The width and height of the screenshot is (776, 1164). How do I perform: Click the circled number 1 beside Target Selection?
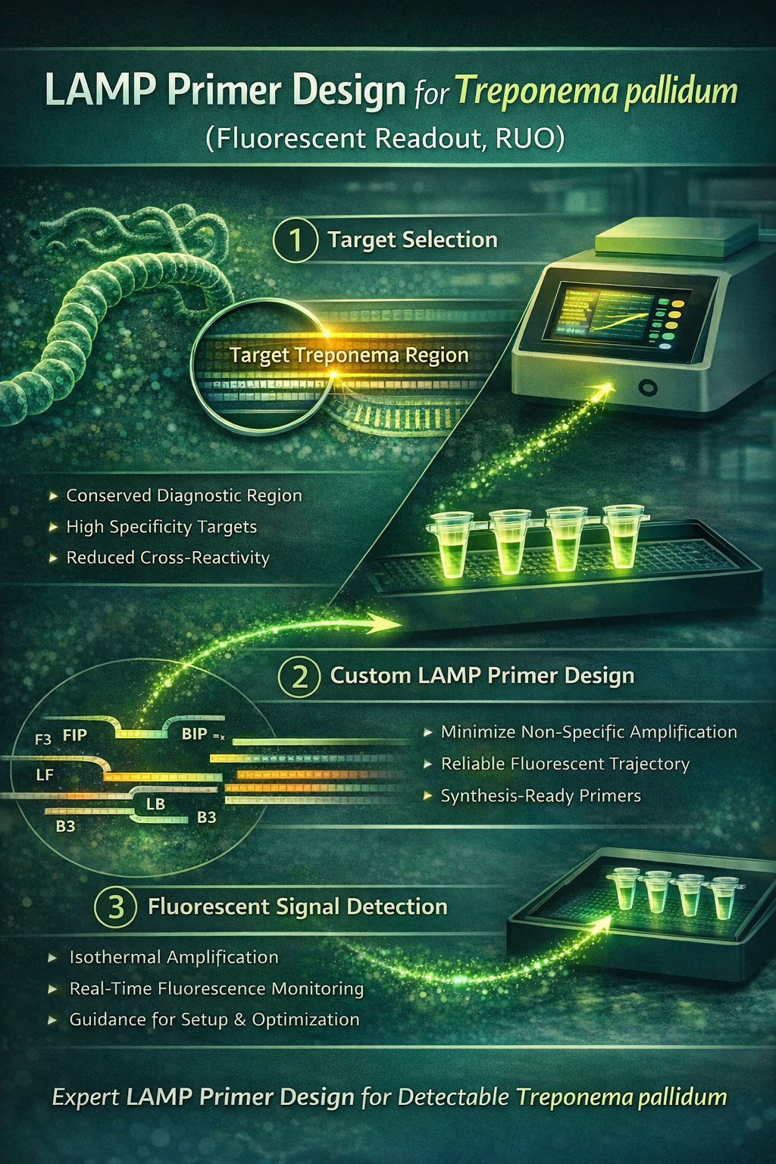pyautogui.click(x=296, y=240)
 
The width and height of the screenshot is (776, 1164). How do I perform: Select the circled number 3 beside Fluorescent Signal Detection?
pyautogui.click(x=115, y=907)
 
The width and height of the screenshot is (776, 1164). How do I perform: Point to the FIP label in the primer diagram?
pyautogui.click(x=75, y=735)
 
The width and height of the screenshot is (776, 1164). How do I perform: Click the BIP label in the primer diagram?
pyautogui.click(x=195, y=734)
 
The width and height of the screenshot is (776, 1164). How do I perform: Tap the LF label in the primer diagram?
pyautogui.click(x=45, y=774)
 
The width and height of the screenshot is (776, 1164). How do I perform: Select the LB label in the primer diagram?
pyautogui.click(x=155, y=804)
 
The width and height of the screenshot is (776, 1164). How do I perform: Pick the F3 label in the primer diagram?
pyautogui.click(x=43, y=739)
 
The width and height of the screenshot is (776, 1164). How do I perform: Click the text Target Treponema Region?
pyautogui.click(x=349, y=355)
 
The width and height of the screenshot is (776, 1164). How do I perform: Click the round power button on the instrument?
pyautogui.click(x=648, y=387)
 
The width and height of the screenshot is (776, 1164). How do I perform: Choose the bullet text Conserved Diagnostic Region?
pyautogui.click(x=184, y=495)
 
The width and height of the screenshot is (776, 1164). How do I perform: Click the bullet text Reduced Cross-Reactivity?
pyautogui.click(x=168, y=558)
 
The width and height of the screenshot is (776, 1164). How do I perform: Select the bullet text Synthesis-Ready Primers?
pyautogui.click(x=541, y=796)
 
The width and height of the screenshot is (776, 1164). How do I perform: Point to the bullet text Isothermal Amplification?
pyautogui.click(x=174, y=957)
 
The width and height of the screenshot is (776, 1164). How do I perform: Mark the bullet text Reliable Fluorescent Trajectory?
pyautogui.click(x=565, y=764)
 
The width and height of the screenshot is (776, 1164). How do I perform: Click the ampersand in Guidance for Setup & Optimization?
pyautogui.click(x=239, y=1019)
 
